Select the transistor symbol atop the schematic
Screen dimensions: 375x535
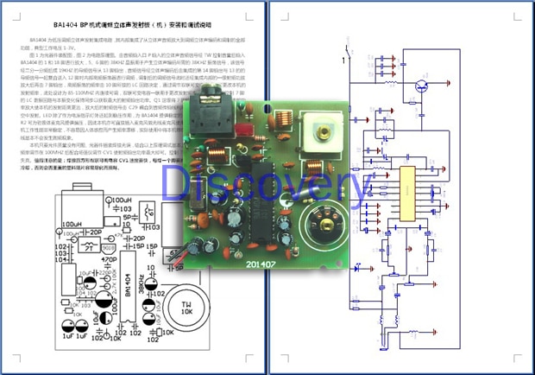pos(422,87)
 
